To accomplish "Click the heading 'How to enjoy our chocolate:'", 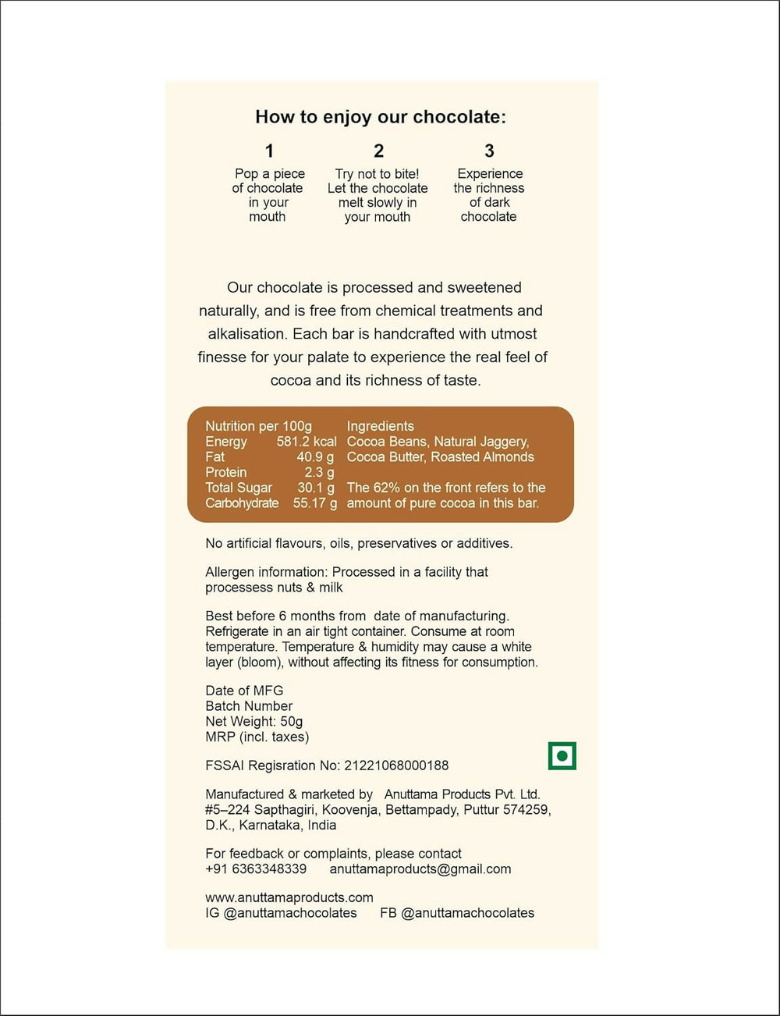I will point(381,117).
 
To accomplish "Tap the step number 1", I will point(269,151).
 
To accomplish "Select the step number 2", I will point(378,151).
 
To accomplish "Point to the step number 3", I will point(489,151).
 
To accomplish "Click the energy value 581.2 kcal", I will point(307,442).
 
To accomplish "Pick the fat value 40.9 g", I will point(315,457).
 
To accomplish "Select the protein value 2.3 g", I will point(319,473).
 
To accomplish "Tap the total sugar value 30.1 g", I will point(316,488).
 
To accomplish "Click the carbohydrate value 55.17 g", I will point(315,503).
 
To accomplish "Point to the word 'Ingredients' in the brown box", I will point(381,426).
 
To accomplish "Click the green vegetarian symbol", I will point(562,755).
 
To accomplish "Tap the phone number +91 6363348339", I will point(256,869).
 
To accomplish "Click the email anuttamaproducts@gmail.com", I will point(420,869).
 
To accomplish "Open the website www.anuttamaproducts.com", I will point(289,897).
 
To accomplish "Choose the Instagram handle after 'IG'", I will point(290,913).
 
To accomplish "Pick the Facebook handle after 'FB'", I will point(467,913).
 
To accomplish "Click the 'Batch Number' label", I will point(249,706).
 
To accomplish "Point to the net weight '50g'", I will point(292,722).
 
